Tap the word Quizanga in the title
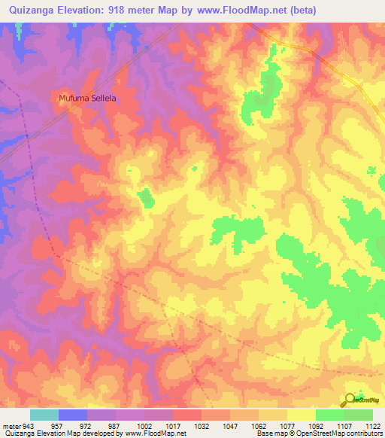point(32,11)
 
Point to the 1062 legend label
point(259,426)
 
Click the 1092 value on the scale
point(316,426)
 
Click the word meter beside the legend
point(11,426)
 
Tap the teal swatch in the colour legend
point(44,415)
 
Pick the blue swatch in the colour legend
point(73,415)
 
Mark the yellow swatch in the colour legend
point(302,415)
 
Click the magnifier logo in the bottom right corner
point(350,400)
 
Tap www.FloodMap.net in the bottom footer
point(153,434)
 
